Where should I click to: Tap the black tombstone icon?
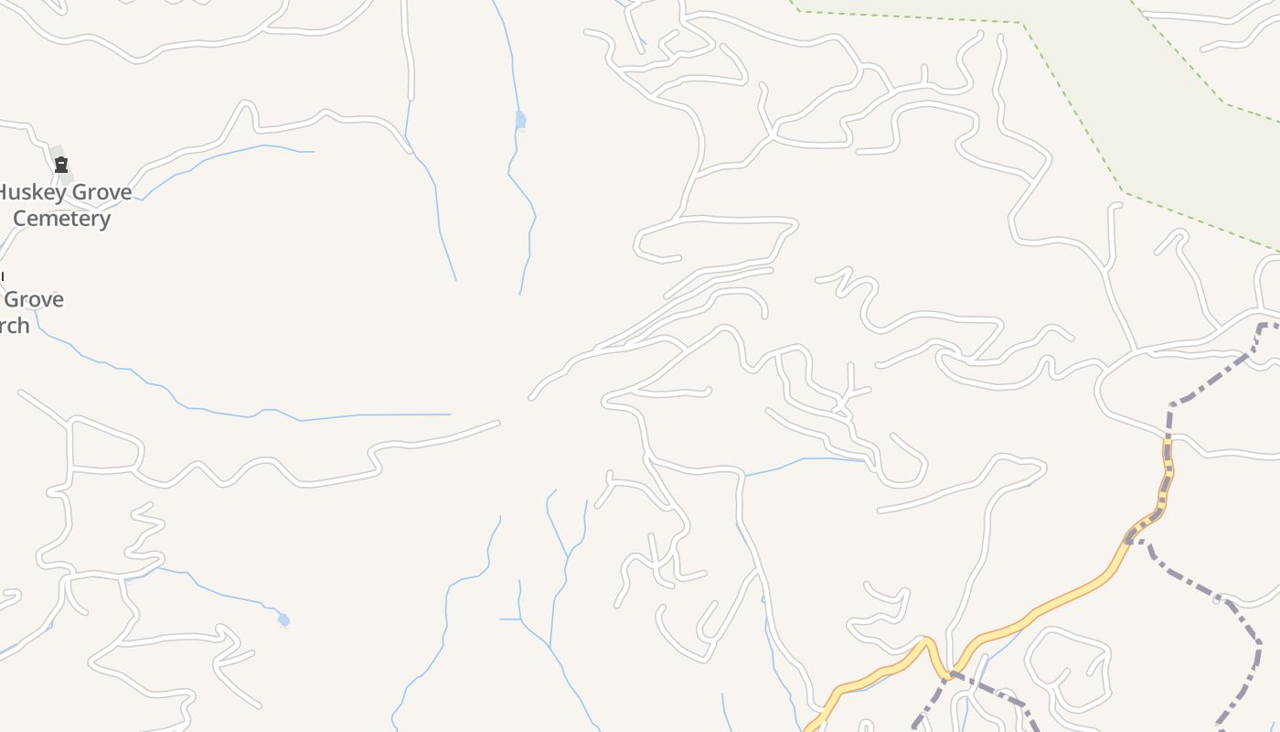coord(61,165)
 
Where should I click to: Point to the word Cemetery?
coord(61,219)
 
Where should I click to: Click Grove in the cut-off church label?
coord(34,300)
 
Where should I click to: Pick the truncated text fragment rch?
coord(15,326)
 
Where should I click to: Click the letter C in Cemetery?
coord(19,219)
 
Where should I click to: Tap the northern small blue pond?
coord(520,120)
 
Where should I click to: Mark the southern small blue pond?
coord(283,620)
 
